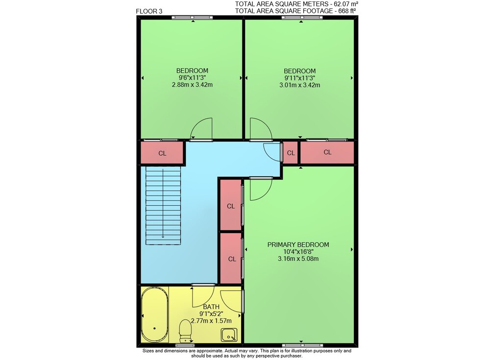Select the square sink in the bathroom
click(229, 336)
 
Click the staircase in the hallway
click(163, 206)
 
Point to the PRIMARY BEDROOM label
click(298, 245)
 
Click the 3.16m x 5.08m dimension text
click(298, 259)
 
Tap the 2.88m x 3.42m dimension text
click(192, 85)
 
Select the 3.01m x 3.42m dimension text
click(300, 85)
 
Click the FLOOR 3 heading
click(149, 12)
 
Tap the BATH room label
click(211, 307)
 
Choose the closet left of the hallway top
click(162, 153)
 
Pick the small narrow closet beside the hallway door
click(291, 153)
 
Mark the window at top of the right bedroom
click(301, 18)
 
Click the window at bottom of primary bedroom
click(302, 345)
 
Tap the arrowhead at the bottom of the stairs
click(163, 237)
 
